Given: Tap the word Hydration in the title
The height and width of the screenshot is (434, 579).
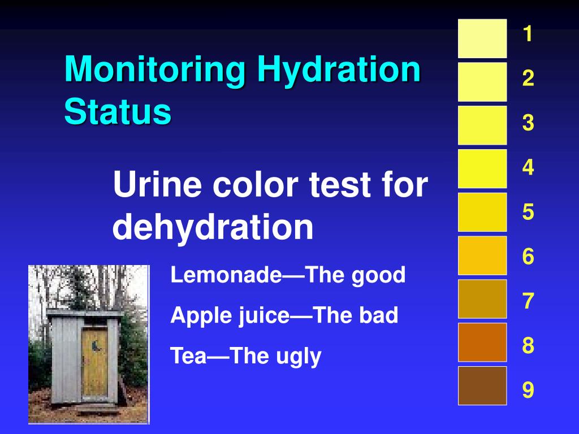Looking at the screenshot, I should pos(339,71).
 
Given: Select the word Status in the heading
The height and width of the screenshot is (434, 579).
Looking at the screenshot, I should pos(117,111).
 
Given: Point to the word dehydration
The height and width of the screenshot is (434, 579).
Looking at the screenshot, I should pos(213,227).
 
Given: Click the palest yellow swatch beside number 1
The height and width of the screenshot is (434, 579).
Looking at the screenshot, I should pos(482,38).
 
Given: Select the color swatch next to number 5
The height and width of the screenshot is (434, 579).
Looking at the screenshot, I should pos(482,212).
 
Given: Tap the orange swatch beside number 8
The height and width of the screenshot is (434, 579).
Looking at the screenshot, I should pos(482,342).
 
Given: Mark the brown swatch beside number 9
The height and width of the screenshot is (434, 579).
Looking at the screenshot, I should pos(482,385).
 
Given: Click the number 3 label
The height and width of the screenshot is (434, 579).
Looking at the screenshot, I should pos(528,123).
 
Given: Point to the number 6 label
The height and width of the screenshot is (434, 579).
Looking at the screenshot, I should pos(528,257).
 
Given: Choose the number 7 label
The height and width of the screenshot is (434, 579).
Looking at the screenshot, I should pos(528,302).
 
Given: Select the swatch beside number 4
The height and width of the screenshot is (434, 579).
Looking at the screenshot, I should pos(482,168).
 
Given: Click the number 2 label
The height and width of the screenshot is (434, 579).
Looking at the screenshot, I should pos(528,79).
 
